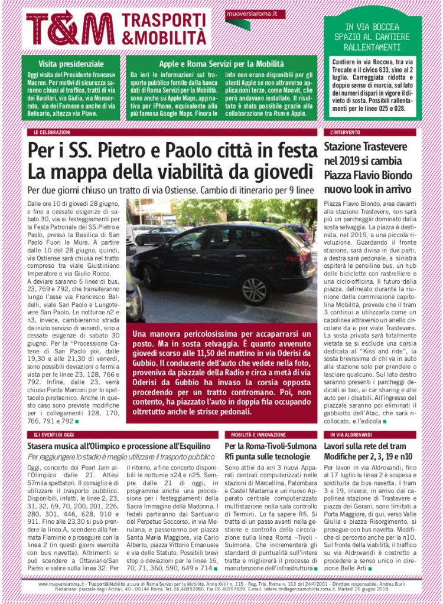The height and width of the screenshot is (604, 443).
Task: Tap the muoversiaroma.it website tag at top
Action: tap(248, 12)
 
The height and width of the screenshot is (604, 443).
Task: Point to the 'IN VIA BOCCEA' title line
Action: tap(372, 27)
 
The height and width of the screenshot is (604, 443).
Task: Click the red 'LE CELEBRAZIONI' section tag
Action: tap(52, 133)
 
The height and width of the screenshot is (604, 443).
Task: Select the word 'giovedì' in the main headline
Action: tap(273, 172)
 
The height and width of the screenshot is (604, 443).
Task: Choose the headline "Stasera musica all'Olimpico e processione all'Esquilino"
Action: tap(119, 446)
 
